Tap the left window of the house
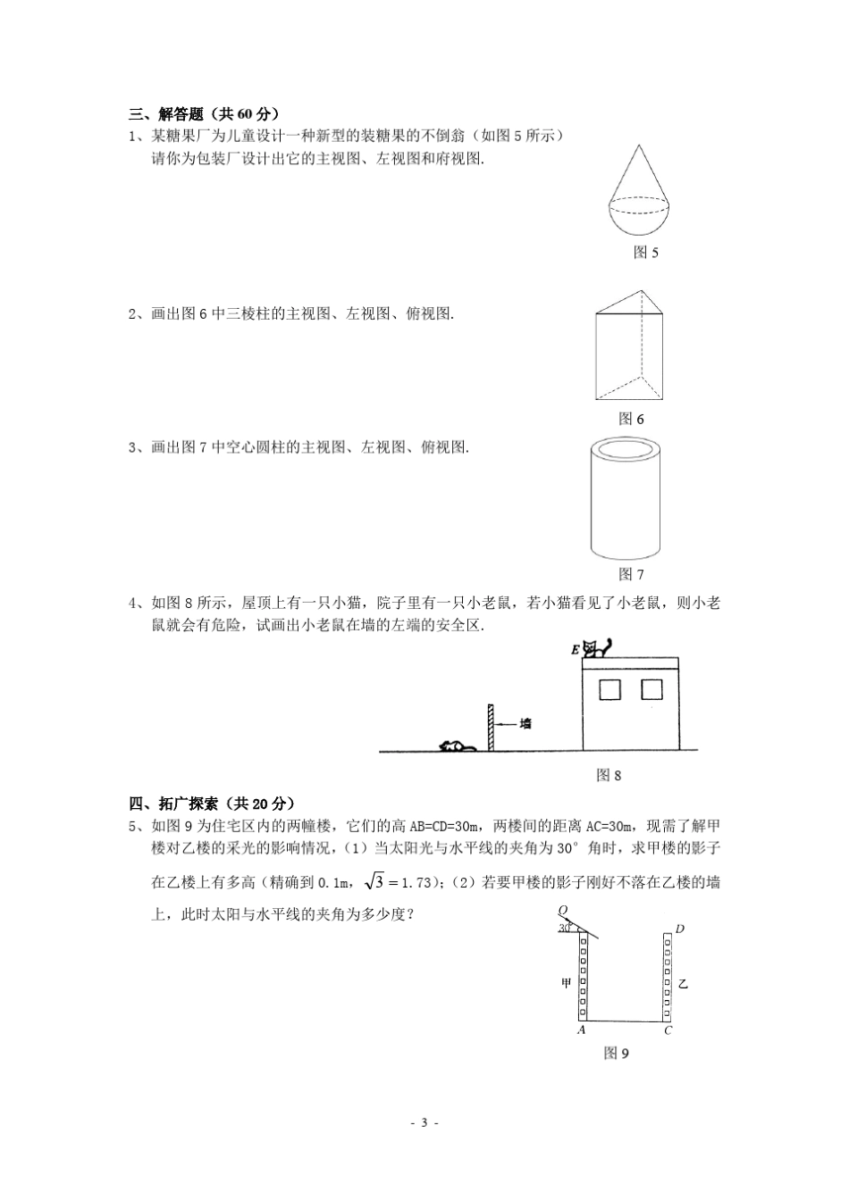pos(609,689)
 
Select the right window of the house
pos(651,689)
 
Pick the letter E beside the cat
pos(575,651)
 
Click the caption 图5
pos(645,253)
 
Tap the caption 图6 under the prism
pos(631,419)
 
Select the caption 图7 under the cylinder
pos(631,574)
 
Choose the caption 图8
pos(609,775)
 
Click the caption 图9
pos(617,1054)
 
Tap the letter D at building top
pos(680,929)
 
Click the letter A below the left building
pos(582,1029)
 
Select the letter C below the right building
pos(668,1029)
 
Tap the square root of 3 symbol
pos(374,882)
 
